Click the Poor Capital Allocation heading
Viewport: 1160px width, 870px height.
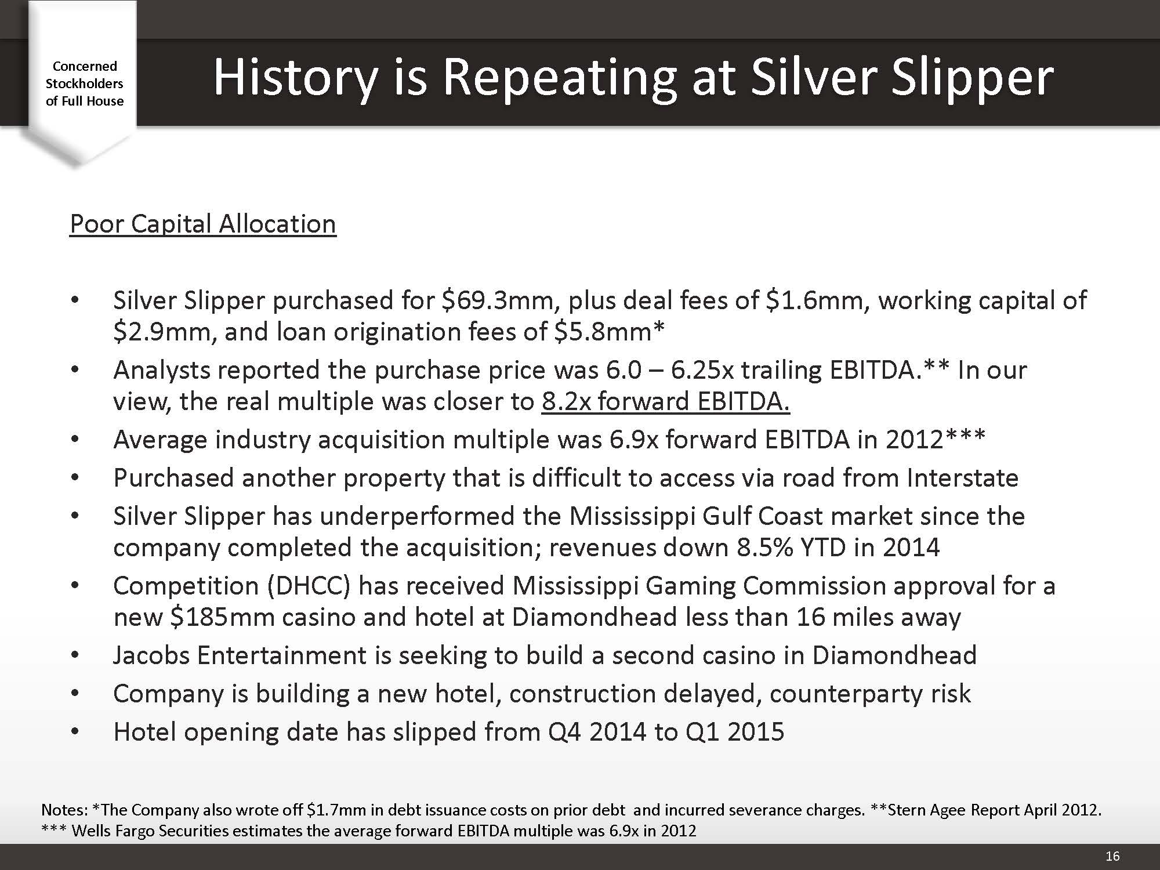pyautogui.click(x=203, y=224)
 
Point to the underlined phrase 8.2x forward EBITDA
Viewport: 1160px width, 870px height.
pyautogui.click(x=666, y=401)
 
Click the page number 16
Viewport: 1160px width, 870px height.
pyautogui.click(x=1112, y=856)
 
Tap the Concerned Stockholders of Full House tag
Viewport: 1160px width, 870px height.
pyautogui.click(x=85, y=84)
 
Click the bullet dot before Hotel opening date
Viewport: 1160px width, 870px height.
pyautogui.click(x=74, y=733)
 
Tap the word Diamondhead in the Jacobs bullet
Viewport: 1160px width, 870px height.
pyautogui.click(x=894, y=655)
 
